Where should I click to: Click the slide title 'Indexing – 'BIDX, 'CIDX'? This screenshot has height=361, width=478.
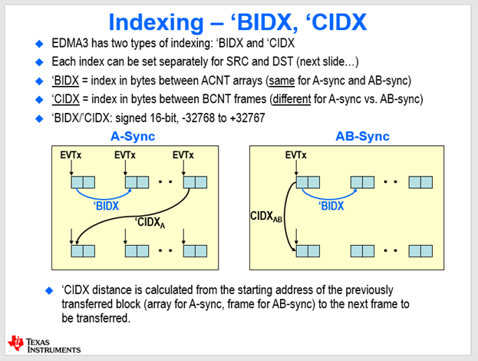pyautogui.click(x=239, y=20)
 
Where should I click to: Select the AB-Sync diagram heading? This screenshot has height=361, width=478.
pyautogui.click(x=362, y=137)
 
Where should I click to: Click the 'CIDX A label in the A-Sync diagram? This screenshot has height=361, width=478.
pyautogui.click(x=150, y=224)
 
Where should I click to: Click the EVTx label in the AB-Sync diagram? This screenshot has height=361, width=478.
pyautogui.click(x=295, y=155)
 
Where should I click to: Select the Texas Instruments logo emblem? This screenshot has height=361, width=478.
pyautogui.click(x=15, y=343)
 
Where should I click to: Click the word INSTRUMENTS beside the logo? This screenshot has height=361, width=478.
pyautogui.click(x=53, y=349)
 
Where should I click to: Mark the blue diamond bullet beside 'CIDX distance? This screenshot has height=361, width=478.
pyautogui.click(x=50, y=291)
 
